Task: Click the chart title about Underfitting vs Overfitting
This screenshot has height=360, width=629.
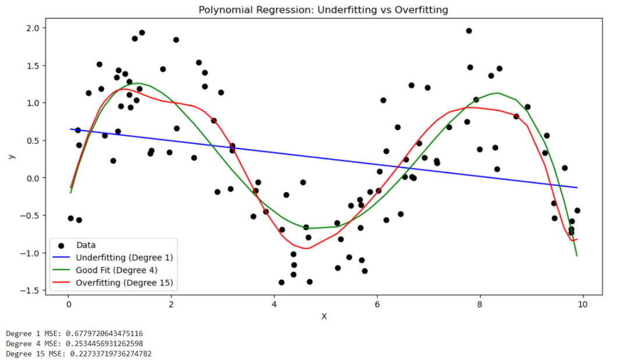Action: click(x=323, y=10)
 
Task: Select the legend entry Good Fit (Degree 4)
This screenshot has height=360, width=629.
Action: click(x=116, y=270)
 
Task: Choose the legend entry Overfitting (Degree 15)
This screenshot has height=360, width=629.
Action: click(x=125, y=283)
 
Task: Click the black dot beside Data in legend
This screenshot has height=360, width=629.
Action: click(x=61, y=245)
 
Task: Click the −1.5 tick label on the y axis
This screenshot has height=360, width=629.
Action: click(x=30, y=291)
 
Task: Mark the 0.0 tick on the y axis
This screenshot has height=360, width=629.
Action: click(x=32, y=178)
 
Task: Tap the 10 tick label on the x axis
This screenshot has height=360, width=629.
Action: click(x=582, y=305)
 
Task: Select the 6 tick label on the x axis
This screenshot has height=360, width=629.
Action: click(x=377, y=305)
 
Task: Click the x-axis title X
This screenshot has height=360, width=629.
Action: click(x=324, y=316)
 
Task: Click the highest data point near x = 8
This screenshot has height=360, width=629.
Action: click(x=469, y=31)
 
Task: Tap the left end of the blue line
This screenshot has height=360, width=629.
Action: click(x=70, y=129)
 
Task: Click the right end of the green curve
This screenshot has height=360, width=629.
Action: click(x=577, y=256)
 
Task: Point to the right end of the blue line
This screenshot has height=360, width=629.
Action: click(x=577, y=188)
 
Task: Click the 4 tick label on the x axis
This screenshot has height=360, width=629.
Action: click(x=274, y=305)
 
